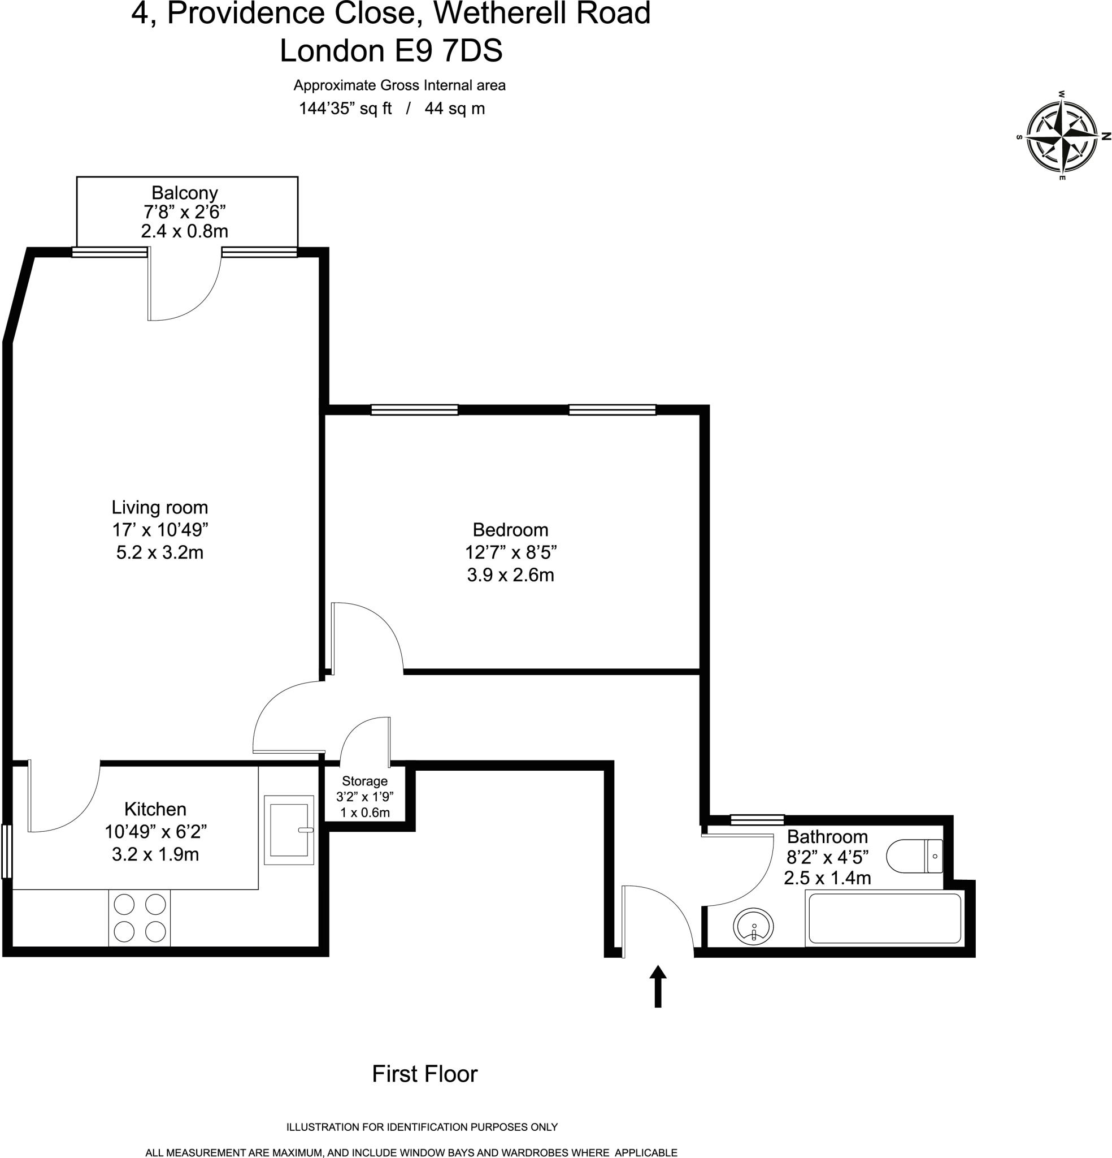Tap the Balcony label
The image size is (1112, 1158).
pyautogui.click(x=184, y=193)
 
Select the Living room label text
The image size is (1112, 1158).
pyautogui.click(x=159, y=508)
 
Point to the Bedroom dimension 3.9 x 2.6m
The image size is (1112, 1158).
pyautogui.click(x=510, y=575)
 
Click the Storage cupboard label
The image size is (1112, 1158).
pyautogui.click(x=364, y=781)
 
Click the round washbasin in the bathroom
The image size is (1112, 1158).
pyautogui.click(x=753, y=926)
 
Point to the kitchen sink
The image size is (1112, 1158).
pyautogui.click(x=289, y=830)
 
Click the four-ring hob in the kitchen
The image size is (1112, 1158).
pyautogui.click(x=140, y=918)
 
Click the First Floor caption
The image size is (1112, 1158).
pyautogui.click(x=424, y=1074)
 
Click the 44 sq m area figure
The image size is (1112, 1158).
pyautogui.click(x=454, y=109)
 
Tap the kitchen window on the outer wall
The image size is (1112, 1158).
pyautogui.click(x=6, y=852)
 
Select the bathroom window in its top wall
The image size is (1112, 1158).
pyautogui.click(x=757, y=819)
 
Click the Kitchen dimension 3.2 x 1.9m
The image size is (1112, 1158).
pyautogui.click(x=155, y=854)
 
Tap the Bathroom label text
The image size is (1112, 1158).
pyautogui.click(x=827, y=837)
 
